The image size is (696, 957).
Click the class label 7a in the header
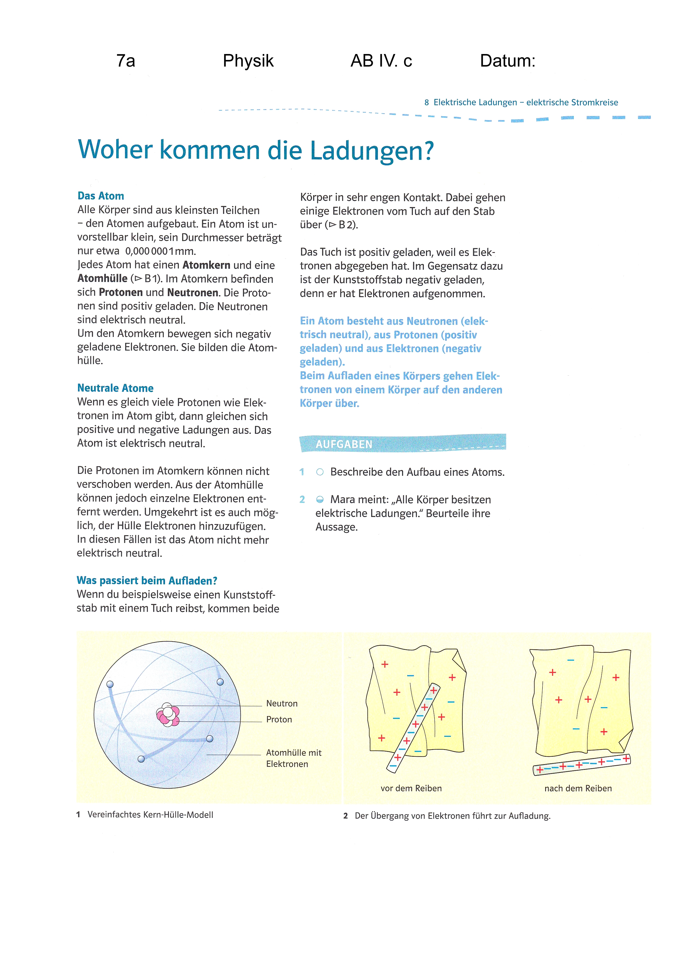[x=126, y=61]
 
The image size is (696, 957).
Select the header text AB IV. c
[x=381, y=61]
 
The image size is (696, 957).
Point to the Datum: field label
[x=508, y=61]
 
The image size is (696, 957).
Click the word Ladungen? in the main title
[x=372, y=151]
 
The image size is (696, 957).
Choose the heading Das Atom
[x=101, y=196]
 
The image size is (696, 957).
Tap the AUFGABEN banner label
[x=344, y=444]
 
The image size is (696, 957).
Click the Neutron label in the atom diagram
[x=282, y=703]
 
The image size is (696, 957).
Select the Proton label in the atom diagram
[x=279, y=719]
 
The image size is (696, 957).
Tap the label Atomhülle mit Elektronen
[x=293, y=758]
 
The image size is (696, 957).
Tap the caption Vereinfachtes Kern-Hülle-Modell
[x=150, y=815]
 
